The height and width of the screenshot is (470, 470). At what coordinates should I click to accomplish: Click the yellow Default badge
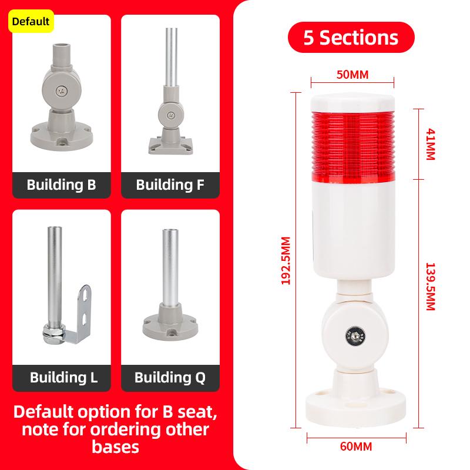(31, 21)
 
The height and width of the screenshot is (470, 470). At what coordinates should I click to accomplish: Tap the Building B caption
(62, 185)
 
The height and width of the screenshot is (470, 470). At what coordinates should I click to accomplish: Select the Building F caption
(170, 185)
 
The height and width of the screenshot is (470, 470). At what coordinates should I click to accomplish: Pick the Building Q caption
(170, 378)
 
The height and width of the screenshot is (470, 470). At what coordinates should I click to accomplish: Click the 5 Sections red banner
(351, 38)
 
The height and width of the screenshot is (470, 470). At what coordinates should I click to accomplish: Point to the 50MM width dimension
(352, 75)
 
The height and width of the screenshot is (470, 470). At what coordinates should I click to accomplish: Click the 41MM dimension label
(430, 144)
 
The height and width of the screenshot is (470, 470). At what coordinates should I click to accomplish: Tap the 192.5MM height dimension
(286, 260)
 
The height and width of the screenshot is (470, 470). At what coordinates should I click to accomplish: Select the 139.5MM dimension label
(430, 287)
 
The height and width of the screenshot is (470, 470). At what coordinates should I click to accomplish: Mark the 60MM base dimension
(356, 446)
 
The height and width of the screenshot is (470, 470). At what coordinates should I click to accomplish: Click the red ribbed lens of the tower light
(353, 147)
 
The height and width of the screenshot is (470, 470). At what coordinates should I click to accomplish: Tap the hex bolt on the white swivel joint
(355, 335)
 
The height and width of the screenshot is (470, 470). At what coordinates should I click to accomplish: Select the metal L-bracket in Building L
(79, 315)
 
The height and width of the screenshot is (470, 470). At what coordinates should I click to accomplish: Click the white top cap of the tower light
(352, 103)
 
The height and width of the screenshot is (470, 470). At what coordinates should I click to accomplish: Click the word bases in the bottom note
(115, 447)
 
